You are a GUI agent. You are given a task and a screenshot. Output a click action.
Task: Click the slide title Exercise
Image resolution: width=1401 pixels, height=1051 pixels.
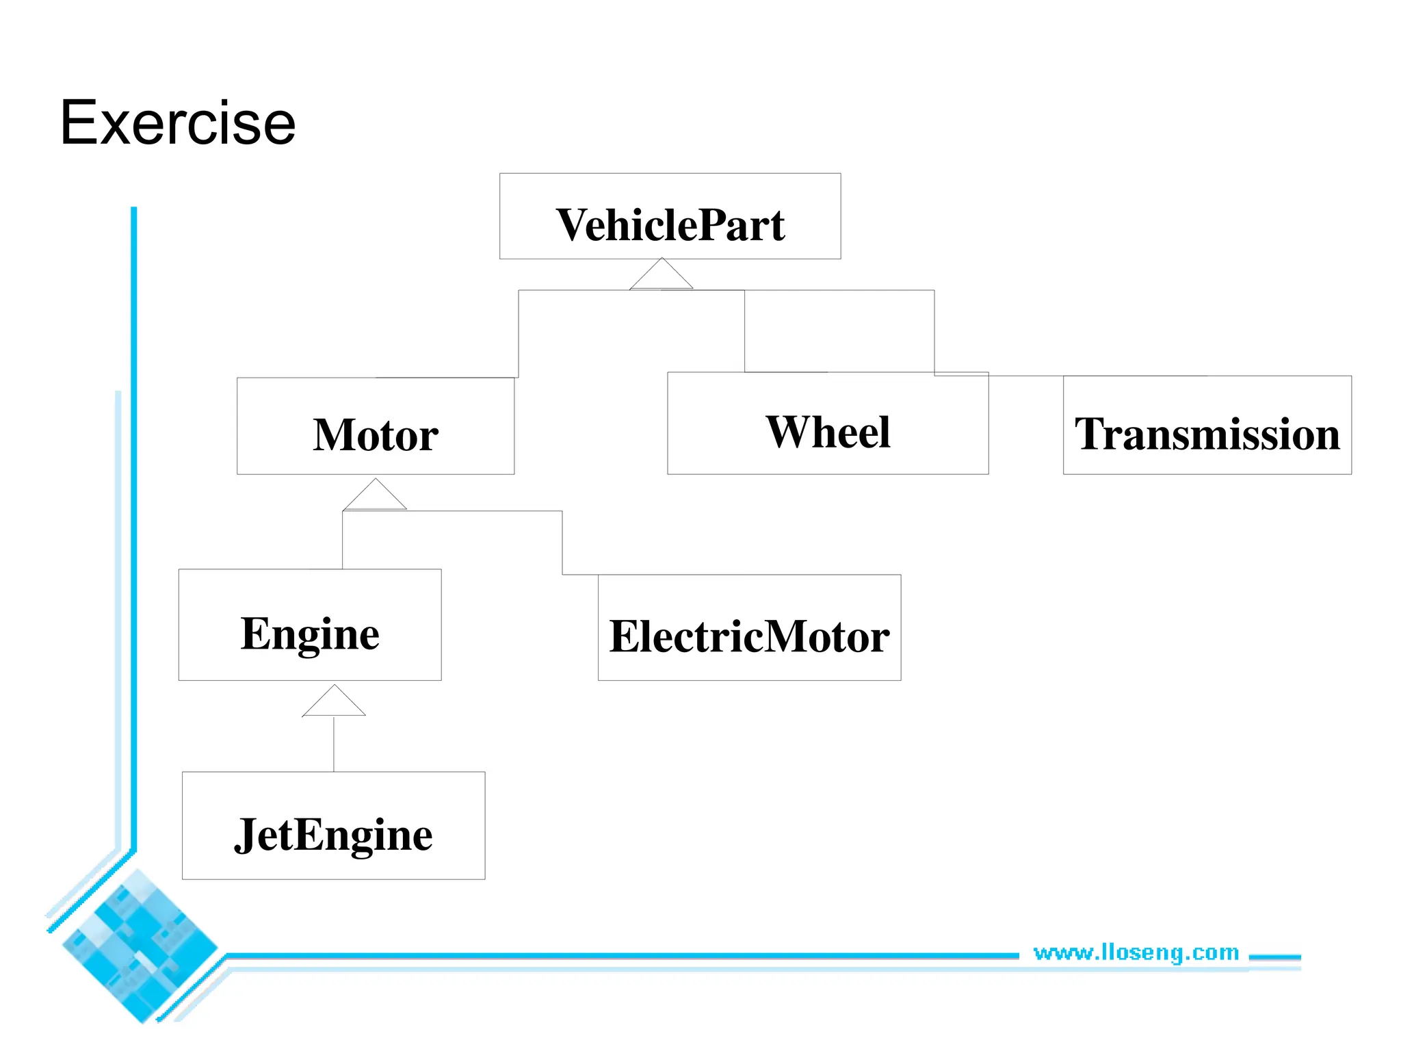point(178,123)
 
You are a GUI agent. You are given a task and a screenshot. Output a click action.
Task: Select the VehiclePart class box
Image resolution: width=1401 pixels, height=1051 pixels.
point(670,216)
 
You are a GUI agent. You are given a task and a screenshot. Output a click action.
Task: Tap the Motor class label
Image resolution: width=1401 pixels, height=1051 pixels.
point(375,435)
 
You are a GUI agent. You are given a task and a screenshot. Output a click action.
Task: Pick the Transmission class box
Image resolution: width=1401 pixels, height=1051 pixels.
point(1207,426)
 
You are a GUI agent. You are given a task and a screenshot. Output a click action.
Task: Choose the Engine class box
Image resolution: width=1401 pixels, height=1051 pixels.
point(310,625)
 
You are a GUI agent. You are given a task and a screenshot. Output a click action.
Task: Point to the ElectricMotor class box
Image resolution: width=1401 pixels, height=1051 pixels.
point(749,628)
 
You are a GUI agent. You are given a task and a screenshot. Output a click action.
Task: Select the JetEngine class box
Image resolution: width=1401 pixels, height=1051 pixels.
point(333,826)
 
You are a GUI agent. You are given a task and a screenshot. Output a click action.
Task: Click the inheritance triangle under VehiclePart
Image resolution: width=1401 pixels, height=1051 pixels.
point(661,276)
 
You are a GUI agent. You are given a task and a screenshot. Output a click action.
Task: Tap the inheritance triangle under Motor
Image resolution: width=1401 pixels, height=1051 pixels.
point(375,497)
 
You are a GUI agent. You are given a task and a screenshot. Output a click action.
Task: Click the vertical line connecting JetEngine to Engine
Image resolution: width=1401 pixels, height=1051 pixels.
point(334,744)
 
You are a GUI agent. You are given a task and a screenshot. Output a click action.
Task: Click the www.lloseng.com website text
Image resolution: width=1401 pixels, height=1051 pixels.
point(1136,952)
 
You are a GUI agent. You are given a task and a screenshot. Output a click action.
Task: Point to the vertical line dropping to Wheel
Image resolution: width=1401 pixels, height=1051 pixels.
point(745,331)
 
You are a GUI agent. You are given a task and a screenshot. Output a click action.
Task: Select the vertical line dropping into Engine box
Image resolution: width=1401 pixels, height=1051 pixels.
point(343,541)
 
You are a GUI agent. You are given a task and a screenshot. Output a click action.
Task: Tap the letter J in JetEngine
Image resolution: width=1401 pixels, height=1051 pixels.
point(245,835)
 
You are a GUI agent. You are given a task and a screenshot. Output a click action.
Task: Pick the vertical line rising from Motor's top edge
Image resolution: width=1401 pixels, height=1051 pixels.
point(519,334)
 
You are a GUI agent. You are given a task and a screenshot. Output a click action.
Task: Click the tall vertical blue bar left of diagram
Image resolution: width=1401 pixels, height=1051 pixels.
point(134,527)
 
